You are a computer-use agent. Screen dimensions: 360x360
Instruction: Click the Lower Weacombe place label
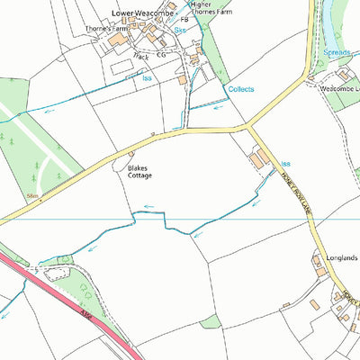pos(141,13)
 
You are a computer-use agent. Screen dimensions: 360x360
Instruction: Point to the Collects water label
pos(241,89)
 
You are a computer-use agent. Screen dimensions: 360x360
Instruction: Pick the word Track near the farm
pos(140,56)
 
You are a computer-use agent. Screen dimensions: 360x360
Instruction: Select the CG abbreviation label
pos(162,55)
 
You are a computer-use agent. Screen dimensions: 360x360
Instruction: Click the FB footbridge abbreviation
pos(184,19)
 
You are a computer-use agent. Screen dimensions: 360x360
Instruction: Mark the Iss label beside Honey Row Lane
pos(285,164)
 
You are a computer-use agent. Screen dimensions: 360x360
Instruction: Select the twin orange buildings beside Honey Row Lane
pos(259,159)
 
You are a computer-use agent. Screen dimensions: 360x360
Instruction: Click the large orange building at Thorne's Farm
pos(118,40)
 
